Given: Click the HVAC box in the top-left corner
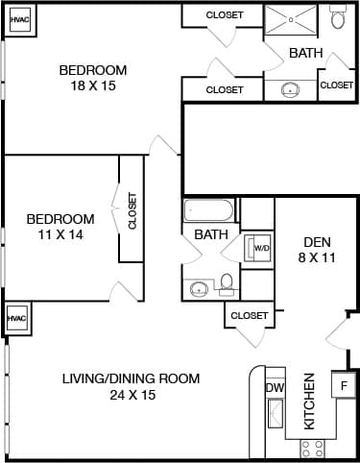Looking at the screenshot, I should point(19,19).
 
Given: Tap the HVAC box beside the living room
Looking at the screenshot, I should point(15,318).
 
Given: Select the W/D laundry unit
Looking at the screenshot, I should point(260,249).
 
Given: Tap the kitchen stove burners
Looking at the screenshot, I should point(313,447).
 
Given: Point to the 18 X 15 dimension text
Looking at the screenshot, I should point(93,85).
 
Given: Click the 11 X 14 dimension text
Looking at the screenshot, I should point(60,234).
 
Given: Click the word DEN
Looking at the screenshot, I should point(317,242).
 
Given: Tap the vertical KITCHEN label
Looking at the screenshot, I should point(310,401).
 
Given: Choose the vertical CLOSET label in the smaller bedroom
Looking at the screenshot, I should point(132,211).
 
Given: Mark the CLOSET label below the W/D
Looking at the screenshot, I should point(249,315).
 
